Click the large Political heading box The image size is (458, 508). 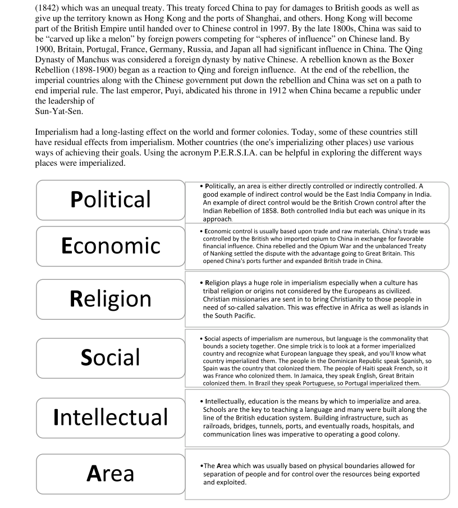coord(111,200)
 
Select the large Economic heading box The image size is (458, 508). coord(111,246)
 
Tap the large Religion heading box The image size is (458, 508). coord(111,298)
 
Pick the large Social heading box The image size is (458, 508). coord(111,357)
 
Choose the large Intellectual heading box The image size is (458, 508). coord(111,417)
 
